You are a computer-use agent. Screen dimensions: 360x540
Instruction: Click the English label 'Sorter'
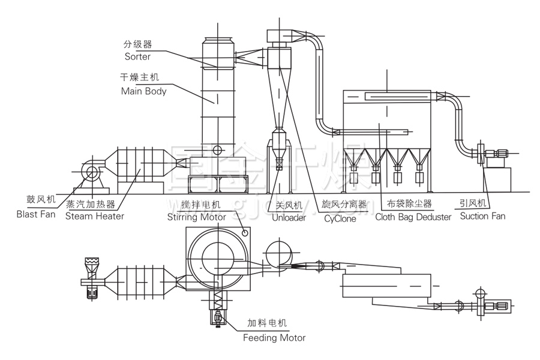coord(137,56)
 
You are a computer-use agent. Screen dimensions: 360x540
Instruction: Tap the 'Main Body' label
coord(143,91)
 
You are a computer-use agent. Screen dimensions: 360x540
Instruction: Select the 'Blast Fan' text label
coord(35,214)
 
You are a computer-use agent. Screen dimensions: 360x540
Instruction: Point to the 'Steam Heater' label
coord(95,216)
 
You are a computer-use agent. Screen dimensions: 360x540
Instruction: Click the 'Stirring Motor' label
coord(196,217)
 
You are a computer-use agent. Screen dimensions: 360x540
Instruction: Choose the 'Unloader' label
coord(290,217)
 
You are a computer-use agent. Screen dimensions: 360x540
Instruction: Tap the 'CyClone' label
coord(340,218)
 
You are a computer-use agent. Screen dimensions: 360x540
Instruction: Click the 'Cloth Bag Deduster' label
coord(413,217)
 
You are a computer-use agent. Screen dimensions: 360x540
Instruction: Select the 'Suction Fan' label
coord(482,216)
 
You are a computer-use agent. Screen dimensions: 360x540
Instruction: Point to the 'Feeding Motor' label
coord(274,337)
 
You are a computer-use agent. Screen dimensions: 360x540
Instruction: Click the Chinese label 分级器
coord(137,44)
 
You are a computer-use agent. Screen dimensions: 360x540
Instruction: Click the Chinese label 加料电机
coord(268,323)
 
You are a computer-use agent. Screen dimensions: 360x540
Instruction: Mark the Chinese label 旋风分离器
coord(344,204)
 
